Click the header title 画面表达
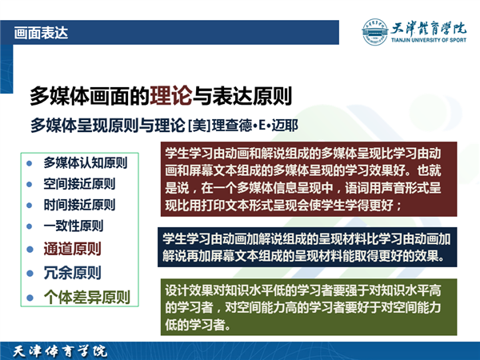click(x=41, y=33)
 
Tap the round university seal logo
click(x=374, y=32)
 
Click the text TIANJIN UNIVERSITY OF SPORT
click(x=429, y=40)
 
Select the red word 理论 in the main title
click(x=171, y=96)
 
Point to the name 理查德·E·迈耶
click(x=255, y=126)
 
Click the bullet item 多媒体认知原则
click(x=86, y=162)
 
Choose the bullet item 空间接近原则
click(x=79, y=184)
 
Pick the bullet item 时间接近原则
click(x=79, y=205)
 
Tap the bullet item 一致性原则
click(x=74, y=226)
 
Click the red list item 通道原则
click(x=72, y=249)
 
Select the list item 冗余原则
click(x=72, y=273)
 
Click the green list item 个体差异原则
click(x=87, y=297)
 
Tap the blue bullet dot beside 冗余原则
click(x=30, y=273)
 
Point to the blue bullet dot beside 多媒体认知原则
click(x=30, y=163)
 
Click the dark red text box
click(x=309, y=179)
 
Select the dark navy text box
click(x=307, y=247)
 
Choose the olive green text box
click(x=309, y=307)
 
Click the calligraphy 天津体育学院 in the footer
click(x=60, y=351)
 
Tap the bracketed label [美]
click(x=199, y=126)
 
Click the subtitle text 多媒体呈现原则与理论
click(x=108, y=126)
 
